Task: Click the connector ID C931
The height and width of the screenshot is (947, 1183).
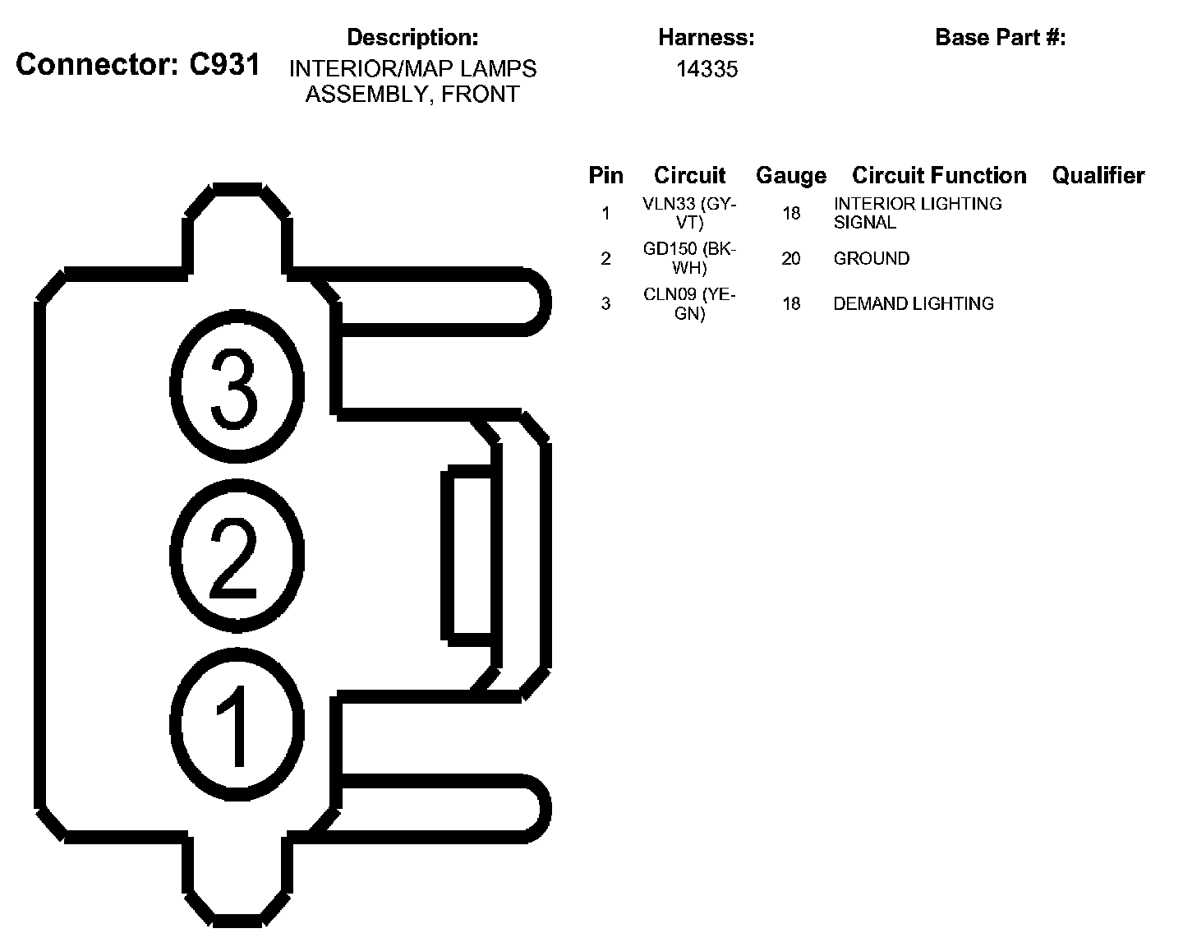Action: (224, 65)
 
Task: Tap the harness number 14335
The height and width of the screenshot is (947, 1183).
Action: (707, 69)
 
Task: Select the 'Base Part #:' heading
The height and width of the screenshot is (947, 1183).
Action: (1000, 37)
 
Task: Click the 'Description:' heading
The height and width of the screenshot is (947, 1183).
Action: (412, 37)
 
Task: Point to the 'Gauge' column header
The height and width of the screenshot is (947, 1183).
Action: (790, 175)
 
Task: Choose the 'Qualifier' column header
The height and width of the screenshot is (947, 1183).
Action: (1098, 175)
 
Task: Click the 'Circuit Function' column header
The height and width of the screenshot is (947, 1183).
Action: (939, 175)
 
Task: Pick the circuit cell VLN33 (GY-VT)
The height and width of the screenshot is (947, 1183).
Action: (689, 213)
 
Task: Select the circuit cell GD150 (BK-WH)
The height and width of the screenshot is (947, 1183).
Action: (689, 258)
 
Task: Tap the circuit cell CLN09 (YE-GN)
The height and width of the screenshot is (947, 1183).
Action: (689, 303)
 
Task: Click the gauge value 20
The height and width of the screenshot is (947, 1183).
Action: (790, 259)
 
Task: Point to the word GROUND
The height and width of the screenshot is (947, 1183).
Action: (872, 259)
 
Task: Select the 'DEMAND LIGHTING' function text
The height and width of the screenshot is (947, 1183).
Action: (914, 304)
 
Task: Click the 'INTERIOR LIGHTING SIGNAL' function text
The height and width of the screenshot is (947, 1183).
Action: (917, 213)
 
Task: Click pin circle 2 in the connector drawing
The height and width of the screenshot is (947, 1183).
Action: (236, 552)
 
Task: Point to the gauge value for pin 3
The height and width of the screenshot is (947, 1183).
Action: (790, 304)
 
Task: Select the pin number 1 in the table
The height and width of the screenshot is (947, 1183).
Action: (605, 214)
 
